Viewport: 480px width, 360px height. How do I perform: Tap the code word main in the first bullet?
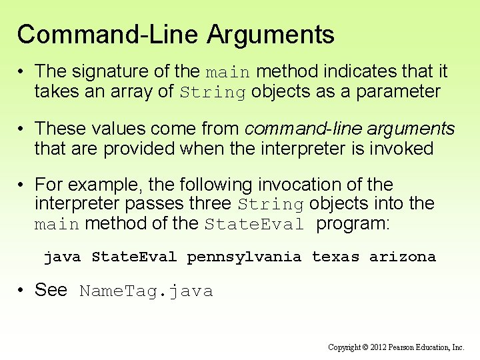(x=227, y=72)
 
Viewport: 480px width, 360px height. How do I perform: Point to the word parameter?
(x=398, y=91)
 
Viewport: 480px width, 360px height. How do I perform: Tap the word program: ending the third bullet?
(x=352, y=224)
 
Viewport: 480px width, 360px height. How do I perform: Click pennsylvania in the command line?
(x=244, y=257)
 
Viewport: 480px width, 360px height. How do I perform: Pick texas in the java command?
(x=335, y=257)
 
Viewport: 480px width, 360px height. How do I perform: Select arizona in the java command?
(x=403, y=257)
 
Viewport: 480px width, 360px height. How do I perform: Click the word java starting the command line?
(x=62, y=257)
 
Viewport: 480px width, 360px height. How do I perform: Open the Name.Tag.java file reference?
(x=146, y=291)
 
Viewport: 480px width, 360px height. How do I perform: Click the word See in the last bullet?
(x=51, y=290)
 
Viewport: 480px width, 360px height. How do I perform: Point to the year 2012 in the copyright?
(x=377, y=347)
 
